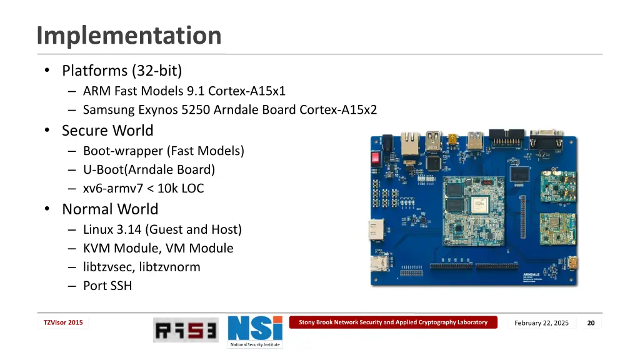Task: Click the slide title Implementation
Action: tap(129, 36)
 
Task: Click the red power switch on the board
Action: tap(376, 157)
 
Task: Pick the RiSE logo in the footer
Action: tap(186, 330)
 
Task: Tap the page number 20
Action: tap(591, 322)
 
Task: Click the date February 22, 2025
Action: tap(541, 322)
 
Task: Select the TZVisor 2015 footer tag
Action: tap(62, 322)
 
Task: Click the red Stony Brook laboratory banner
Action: tap(392, 322)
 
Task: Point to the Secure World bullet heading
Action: tap(107, 131)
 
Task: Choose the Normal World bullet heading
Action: tap(110, 209)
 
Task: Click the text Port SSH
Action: tap(107, 286)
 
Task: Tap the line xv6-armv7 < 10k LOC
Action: tap(143, 188)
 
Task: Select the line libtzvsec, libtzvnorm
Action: tap(141, 267)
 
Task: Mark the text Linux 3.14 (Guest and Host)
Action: tap(162, 229)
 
